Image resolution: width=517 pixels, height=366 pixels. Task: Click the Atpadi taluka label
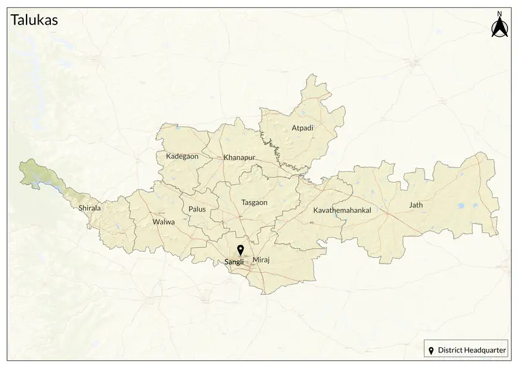[302, 128]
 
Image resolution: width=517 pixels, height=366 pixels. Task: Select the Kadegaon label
[182, 156]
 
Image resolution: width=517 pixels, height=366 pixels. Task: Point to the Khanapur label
[240, 158]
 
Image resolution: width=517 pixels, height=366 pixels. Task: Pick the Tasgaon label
[254, 202]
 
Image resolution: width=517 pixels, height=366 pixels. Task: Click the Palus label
[197, 210]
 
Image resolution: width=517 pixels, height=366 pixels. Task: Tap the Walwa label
[163, 222]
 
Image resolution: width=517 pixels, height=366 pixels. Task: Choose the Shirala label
[89, 208]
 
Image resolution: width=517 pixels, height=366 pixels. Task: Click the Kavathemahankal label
[342, 211]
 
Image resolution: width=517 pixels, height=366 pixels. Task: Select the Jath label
[416, 205]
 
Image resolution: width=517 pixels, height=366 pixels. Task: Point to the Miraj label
[260, 259]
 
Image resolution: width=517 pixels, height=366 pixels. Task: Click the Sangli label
[233, 262]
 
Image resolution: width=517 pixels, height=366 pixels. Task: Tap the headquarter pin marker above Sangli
[240, 250]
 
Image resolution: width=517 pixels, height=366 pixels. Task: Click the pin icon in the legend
[432, 350]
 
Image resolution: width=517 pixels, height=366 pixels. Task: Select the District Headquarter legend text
[472, 350]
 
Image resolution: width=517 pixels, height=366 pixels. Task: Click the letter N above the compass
[499, 13]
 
